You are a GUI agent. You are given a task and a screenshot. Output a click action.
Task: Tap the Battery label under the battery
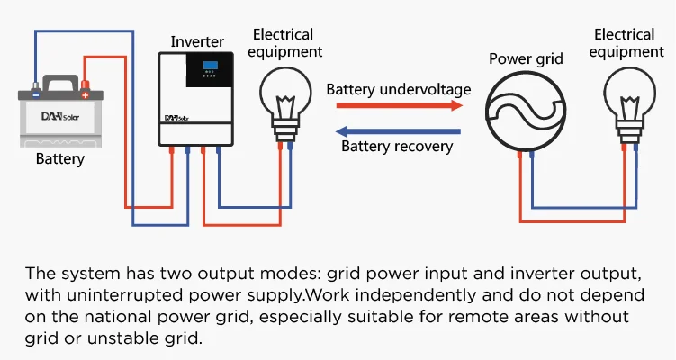(60, 159)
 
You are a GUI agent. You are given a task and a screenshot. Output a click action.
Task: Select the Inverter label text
(197, 41)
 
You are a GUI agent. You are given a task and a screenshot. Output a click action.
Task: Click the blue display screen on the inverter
(209, 67)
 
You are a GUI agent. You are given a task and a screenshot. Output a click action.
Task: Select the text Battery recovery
(396, 147)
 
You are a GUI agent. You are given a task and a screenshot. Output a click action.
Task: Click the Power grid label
(526, 59)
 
